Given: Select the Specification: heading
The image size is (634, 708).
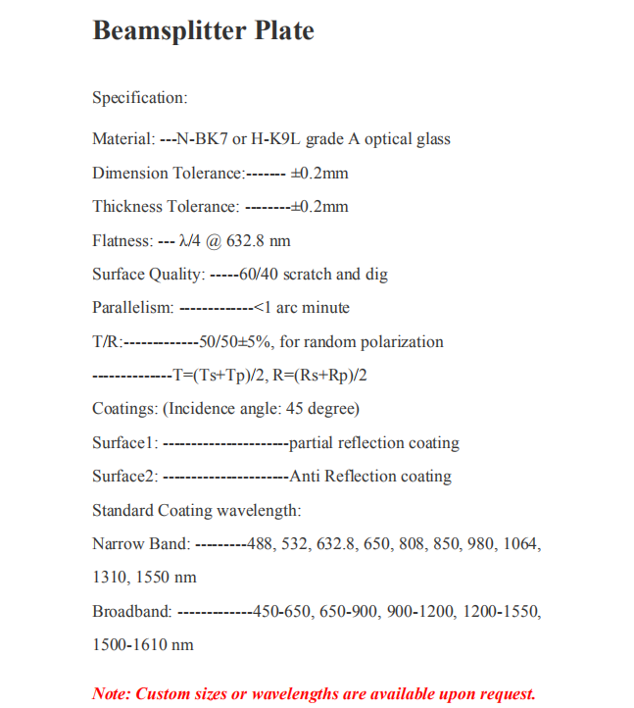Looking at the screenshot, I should tap(139, 98).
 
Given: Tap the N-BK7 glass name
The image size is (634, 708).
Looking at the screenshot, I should tap(202, 139).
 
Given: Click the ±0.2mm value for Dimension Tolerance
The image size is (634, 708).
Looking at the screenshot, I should tap(320, 174).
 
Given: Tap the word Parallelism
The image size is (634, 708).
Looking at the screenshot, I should tap(133, 308).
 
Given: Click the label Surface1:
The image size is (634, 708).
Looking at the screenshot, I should tap(125, 443).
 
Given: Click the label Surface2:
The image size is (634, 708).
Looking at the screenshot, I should tap(125, 477).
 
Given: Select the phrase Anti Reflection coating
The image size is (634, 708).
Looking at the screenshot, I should tap(370, 477).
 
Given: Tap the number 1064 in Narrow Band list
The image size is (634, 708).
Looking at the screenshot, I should tap(521, 544).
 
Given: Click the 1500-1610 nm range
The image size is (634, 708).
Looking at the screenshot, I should tap(143, 645).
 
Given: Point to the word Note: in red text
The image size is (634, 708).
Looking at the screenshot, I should tap(112, 694).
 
